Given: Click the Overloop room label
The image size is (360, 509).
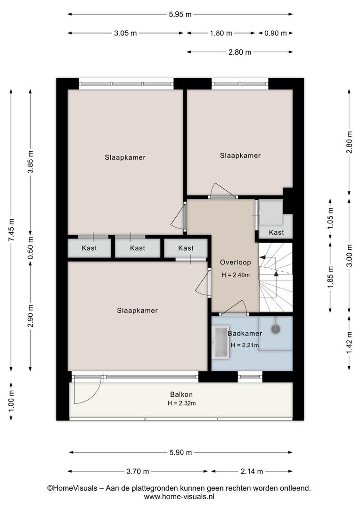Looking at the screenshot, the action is (x=235, y=263).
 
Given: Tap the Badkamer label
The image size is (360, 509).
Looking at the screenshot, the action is (x=245, y=333).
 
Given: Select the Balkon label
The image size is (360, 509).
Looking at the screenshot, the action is (x=181, y=394).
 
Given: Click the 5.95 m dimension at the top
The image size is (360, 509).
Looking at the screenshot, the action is (x=180, y=14).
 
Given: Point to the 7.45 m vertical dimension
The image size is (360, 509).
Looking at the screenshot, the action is (x=11, y=230).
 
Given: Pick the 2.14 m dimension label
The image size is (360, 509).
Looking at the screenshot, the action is (x=252, y=471).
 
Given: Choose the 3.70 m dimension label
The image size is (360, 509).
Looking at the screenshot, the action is (x=138, y=471).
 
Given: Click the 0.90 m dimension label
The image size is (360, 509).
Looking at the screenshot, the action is (x=276, y=33).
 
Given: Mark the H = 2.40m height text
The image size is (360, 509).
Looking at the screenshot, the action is (x=235, y=275).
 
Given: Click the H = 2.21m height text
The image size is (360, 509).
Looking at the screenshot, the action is (x=245, y=345).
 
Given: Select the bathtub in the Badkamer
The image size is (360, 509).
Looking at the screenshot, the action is (x=221, y=343).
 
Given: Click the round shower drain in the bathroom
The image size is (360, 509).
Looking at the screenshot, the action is (x=276, y=329).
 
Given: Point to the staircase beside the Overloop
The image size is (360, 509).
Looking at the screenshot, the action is (x=276, y=277).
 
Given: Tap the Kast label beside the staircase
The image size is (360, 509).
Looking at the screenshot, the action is (x=276, y=232).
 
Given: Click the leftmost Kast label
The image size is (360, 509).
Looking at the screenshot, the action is (x=89, y=248).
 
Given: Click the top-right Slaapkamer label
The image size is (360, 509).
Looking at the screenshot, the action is (x=240, y=156).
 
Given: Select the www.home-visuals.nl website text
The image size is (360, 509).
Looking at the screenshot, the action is (x=179, y=496).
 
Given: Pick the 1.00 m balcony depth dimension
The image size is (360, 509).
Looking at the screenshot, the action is (x=11, y=401).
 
